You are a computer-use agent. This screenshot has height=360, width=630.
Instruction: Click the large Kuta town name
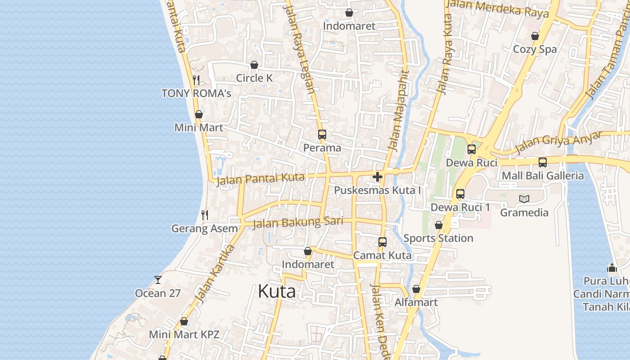coord(277,292)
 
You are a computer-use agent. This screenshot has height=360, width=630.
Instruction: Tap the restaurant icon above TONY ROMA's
coord(196,80)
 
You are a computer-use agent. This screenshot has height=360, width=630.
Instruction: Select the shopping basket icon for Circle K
coord(254,65)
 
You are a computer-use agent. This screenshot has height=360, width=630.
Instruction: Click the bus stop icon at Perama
coord(322,134)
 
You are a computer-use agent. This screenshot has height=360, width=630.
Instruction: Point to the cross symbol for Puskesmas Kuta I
coord(378,177)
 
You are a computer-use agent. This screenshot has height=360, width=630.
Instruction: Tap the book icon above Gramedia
coord(524,199)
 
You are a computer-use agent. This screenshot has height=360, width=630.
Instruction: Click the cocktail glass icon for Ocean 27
coord(158,280)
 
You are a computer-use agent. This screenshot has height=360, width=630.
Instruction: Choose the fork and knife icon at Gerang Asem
coord(205,215)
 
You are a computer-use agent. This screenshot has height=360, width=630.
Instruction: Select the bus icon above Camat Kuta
coord(382,242)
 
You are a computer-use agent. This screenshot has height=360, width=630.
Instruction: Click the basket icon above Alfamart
coord(416,289)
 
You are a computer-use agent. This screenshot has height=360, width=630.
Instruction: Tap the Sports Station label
coord(438,238)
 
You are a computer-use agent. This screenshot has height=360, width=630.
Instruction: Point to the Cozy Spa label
coord(535,49)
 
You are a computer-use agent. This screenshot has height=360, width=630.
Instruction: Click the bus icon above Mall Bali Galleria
coord(543,162)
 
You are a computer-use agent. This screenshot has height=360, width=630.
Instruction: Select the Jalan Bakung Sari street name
coord(298,222)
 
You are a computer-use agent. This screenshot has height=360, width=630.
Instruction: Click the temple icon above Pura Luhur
coord(612,268)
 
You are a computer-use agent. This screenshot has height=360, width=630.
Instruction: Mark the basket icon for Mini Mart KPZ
coord(184,321)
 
